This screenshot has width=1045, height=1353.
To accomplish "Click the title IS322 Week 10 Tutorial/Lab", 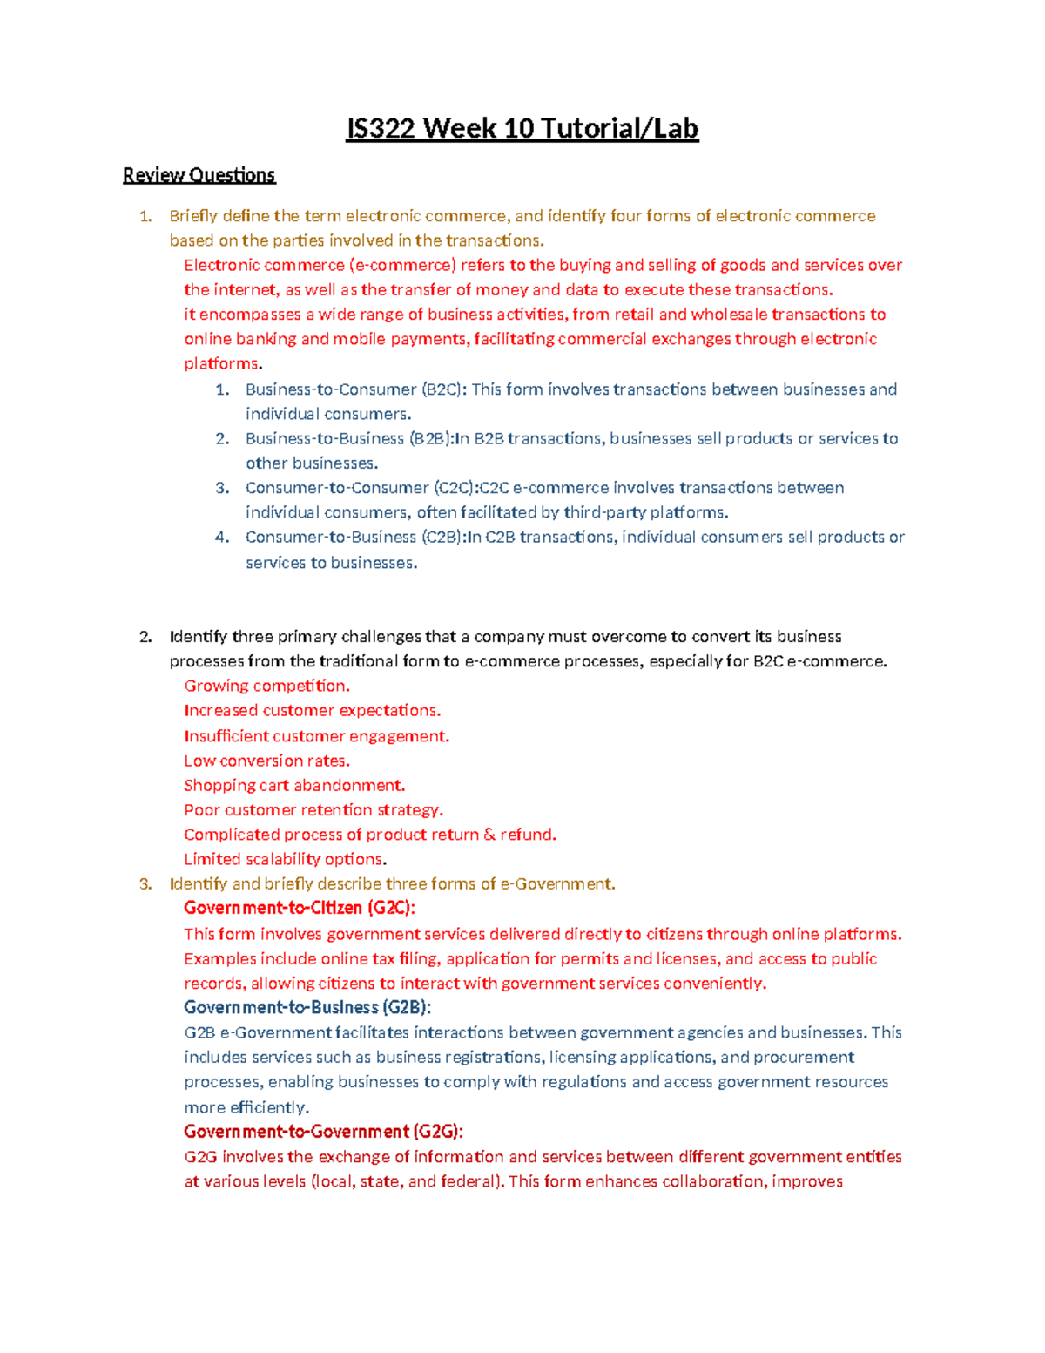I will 522,129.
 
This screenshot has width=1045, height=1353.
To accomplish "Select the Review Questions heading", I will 199,175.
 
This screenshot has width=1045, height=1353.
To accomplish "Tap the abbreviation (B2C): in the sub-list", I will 444,389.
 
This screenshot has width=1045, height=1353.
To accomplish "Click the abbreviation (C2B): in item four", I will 443,538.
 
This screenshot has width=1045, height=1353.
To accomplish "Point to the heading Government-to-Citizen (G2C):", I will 300,908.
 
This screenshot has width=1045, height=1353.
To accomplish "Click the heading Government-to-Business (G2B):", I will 307,1007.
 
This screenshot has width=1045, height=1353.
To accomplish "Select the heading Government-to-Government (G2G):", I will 323,1132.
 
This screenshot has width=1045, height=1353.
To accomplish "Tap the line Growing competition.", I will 266,686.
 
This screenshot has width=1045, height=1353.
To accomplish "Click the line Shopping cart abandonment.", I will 294,785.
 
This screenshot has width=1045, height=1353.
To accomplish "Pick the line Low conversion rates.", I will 266,761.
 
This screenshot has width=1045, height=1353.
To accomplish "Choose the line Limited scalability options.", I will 285,859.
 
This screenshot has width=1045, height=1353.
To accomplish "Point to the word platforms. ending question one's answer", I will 223,364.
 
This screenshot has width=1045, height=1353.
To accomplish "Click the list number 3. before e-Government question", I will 145,884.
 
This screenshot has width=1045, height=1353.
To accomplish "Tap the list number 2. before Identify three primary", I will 145,637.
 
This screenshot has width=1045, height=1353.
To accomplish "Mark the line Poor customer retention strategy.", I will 313,810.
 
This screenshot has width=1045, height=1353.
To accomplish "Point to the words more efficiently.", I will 246,1108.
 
